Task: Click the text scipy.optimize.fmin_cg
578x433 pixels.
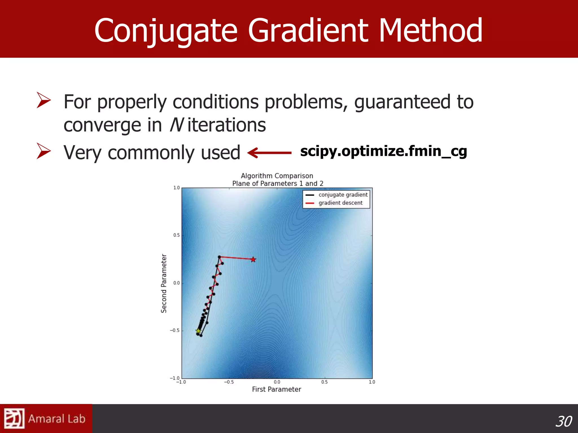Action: point(384,151)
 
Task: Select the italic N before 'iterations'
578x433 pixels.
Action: point(177,125)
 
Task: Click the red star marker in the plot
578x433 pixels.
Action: point(253,259)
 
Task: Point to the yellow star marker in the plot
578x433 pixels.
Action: point(198,331)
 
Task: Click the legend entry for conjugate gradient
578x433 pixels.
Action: point(343,195)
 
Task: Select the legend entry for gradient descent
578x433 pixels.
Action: point(340,203)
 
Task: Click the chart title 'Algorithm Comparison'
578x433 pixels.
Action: point(277,176)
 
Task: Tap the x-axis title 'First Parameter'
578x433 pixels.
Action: point(276,389)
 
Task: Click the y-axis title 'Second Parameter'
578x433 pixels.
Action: point(164,283)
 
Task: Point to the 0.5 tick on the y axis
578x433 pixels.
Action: point(176,235)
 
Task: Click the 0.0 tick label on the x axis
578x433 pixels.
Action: point(277,382)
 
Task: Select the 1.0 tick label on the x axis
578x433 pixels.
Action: point(372,382)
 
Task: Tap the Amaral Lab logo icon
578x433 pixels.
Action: point(14,418)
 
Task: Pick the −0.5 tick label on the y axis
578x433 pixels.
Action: point(175,330)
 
